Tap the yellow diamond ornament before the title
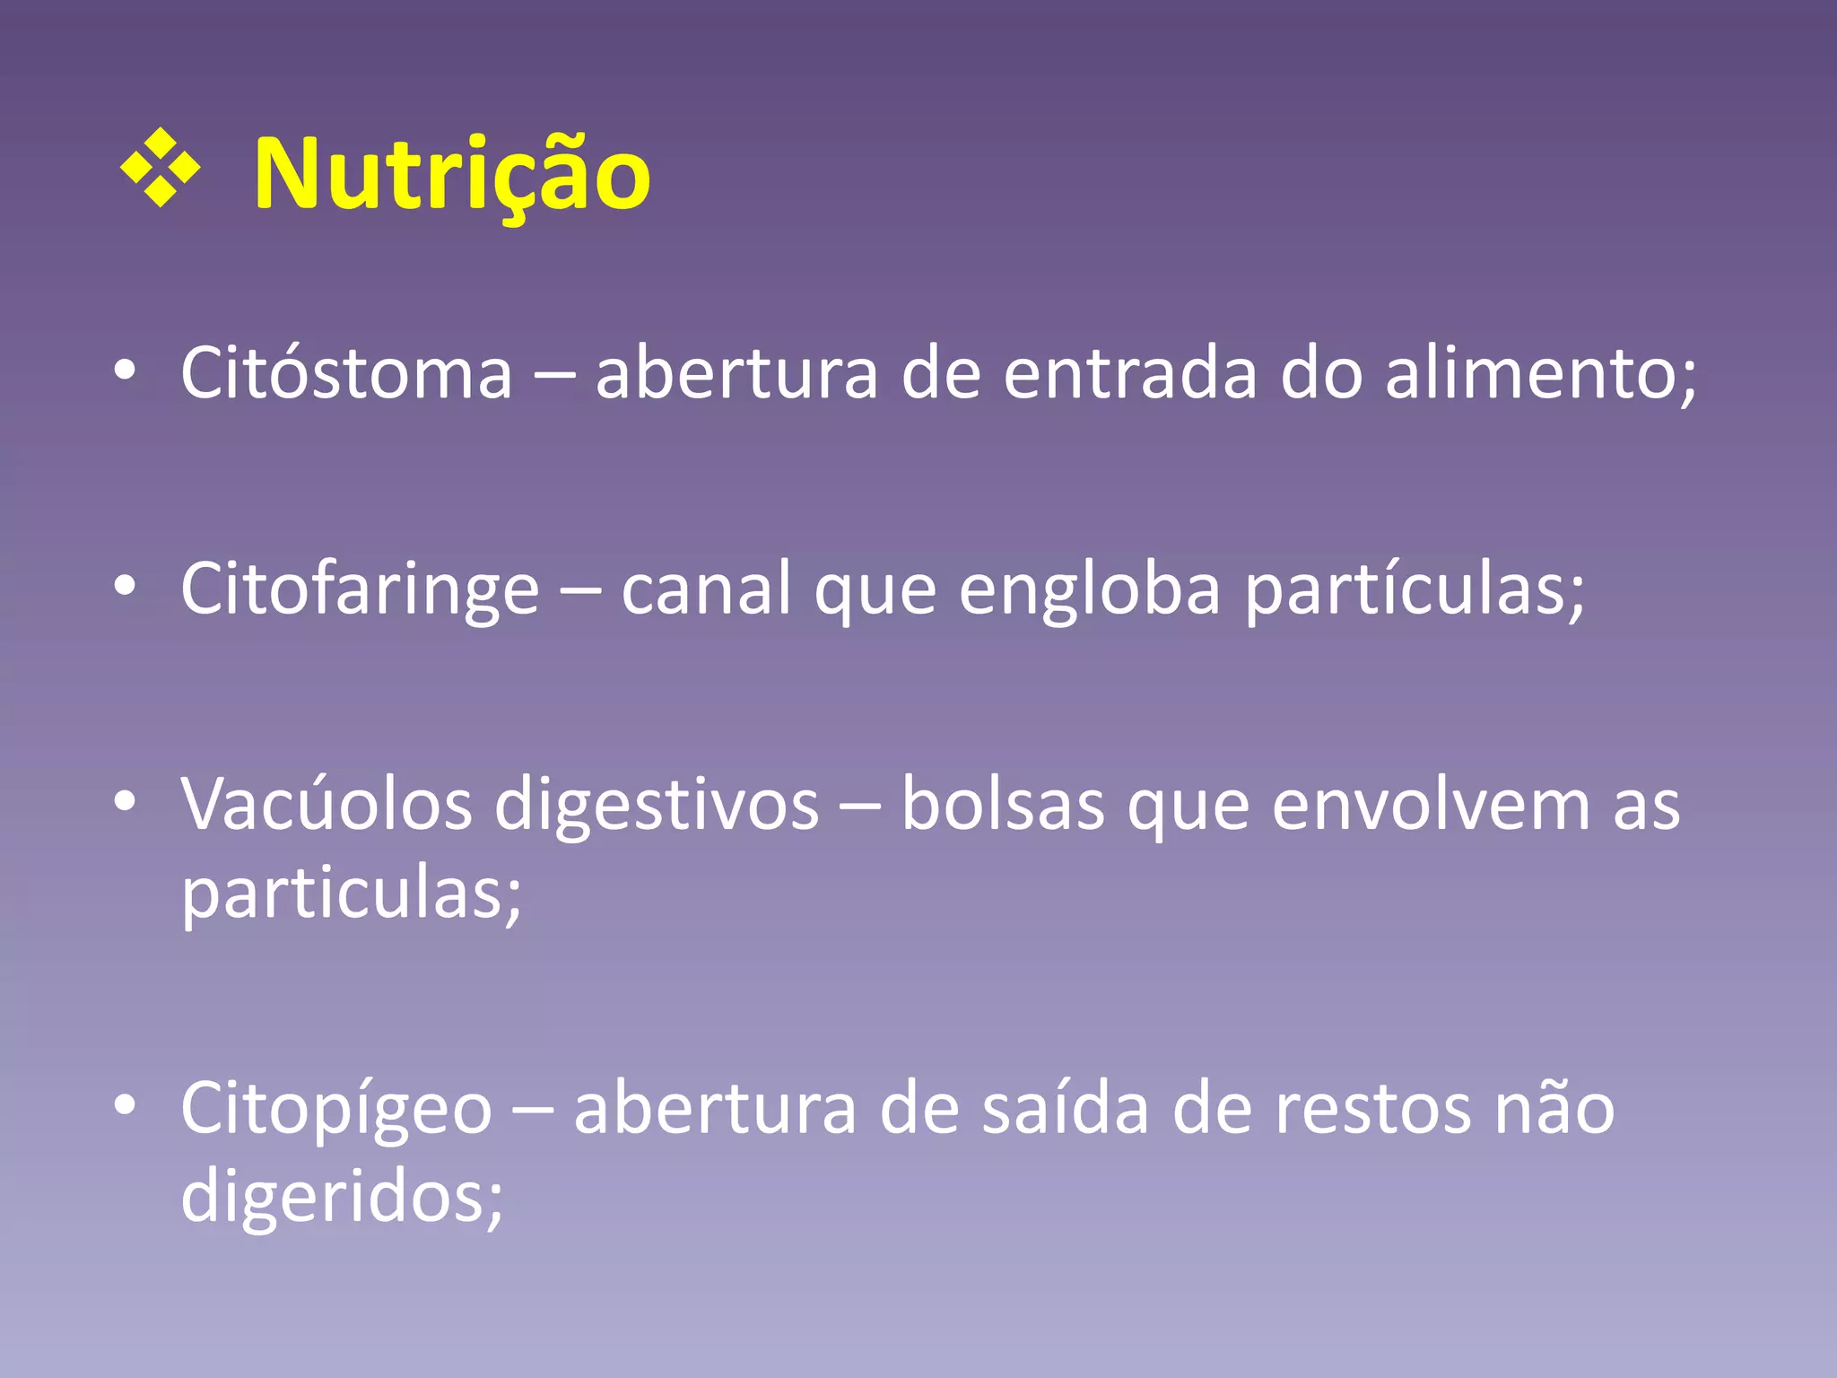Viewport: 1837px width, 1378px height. pos(160,168)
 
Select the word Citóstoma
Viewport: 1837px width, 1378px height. pos(346,372)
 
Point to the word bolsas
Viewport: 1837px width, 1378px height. pos(1002,804)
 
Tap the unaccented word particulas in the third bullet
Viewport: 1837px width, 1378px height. pos(351,894)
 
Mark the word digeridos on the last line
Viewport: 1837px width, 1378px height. pos(342,1197)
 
